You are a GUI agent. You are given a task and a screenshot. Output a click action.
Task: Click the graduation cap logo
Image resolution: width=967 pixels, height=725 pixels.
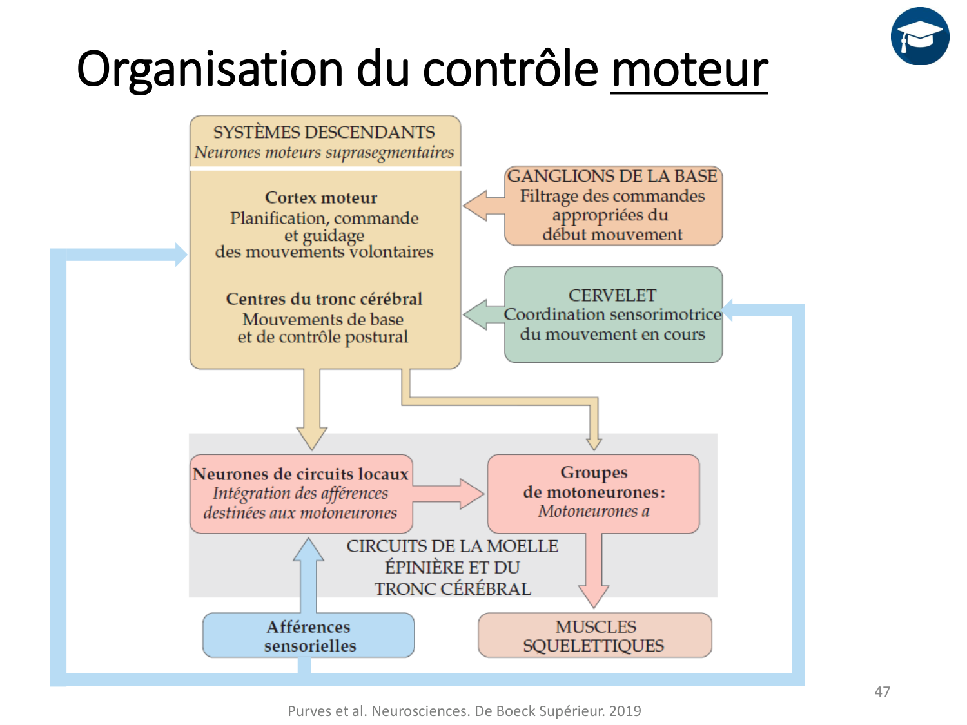(920, 36)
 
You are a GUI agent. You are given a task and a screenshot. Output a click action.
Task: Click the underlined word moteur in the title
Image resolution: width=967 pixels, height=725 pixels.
(689, 69)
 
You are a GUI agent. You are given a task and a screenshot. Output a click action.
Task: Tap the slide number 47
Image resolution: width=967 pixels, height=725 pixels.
(883, 691)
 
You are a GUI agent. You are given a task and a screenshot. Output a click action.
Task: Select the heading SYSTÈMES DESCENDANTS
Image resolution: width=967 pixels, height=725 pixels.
(324, 132)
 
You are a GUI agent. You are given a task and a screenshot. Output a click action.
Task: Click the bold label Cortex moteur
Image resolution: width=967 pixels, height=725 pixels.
(321, 198)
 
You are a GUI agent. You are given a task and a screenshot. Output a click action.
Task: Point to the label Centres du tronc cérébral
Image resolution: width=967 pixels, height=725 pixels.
(324, 299)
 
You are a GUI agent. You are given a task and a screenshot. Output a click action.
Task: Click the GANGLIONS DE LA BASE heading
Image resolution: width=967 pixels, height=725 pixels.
(612, 176)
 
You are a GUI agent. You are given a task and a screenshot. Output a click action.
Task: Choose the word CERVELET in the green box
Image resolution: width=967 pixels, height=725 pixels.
(612, 295)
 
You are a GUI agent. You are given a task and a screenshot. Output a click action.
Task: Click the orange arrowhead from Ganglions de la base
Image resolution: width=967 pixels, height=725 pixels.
(476, 206)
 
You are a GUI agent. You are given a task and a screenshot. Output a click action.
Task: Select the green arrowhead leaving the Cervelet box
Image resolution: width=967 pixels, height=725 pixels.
(476, 314)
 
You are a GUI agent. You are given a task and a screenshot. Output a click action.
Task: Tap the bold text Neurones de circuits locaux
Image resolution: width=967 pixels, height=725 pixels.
(300, 474)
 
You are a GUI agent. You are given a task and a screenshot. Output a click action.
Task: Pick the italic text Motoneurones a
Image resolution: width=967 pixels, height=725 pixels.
(594, 512)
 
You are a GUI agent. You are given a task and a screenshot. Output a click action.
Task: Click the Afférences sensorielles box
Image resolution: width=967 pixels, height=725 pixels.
(309, 635)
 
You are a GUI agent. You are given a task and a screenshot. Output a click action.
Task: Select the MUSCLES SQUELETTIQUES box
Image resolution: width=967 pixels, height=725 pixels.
(594, 635)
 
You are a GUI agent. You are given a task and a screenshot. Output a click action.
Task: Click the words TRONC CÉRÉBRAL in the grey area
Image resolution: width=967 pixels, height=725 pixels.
(453, 589)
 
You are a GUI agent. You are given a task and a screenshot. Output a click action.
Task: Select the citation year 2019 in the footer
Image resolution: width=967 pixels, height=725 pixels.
(625, 711)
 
